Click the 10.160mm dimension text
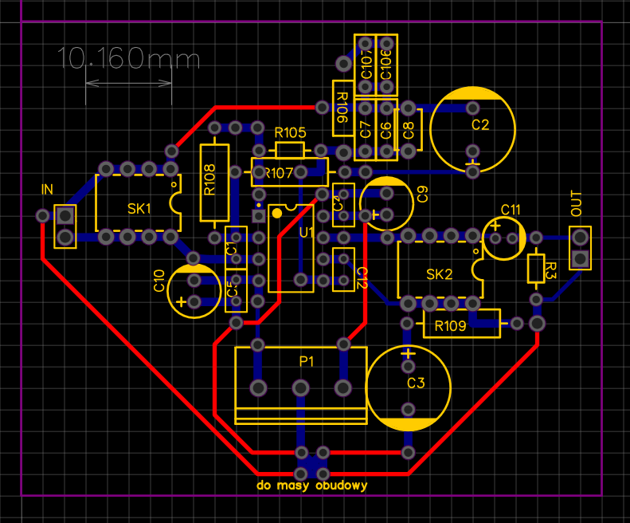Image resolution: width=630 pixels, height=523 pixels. tap(128, 58)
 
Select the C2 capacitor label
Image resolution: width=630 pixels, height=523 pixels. tap(479, 125)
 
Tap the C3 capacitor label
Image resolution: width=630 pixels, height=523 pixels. tap(416, 383)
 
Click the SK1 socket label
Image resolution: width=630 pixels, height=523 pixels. tap(139, 209)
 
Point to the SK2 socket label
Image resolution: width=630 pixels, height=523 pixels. tap(439, 275)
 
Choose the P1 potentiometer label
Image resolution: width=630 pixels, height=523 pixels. tap(307, 361)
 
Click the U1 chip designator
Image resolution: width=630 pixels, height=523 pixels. tap(307, 232)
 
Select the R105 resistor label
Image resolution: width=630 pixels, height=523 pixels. tap(290, 132)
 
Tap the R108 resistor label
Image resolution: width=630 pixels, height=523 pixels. tap(209, 179)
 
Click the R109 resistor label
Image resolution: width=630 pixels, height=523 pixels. tap(451, 325)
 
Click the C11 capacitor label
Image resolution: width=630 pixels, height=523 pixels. tap(511, 210)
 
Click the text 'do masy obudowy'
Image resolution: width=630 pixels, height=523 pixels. tap(311, 485)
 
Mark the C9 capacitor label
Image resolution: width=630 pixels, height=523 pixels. tap(422, 194)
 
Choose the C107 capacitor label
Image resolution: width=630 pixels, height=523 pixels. tap(366, 63)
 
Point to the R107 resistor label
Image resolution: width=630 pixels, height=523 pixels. tap(280, 172)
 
